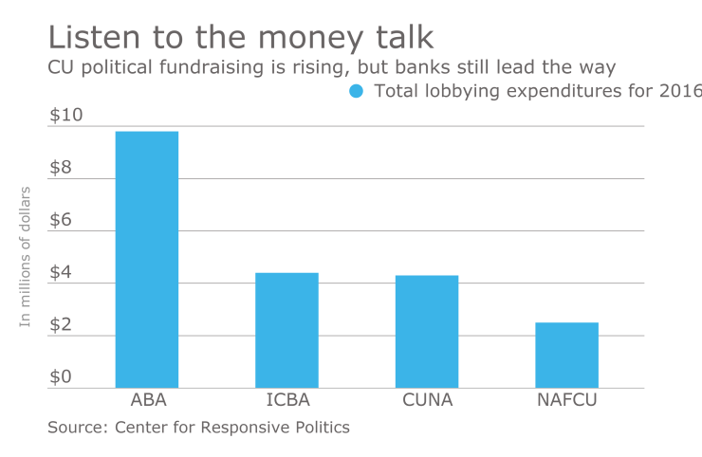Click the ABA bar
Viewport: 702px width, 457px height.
tap(146, 259)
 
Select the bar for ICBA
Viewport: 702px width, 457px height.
tap(286, 330)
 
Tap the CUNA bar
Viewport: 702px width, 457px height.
tap(427, 331)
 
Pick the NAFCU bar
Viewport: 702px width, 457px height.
tap(566, 355)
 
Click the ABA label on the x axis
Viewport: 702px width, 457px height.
tap(146, 400)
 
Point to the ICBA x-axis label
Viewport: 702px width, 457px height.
tap(286, 400)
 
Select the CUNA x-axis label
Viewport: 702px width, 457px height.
tap(427, 400)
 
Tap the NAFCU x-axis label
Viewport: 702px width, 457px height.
tap(566, 400)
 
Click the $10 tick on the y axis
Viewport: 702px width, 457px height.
tap(65, 116)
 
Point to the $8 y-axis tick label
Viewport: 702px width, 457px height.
tap(61, 168)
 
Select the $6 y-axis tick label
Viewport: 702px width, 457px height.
tap(61, 220)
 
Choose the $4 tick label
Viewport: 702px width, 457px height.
tap(61, 272)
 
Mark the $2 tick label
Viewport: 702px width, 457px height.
tap(61, 324)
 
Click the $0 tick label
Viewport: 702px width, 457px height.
tap(61, 376)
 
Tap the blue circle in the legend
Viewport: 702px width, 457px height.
tap(357, 92)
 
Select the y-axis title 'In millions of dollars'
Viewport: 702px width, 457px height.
tap(26, 257)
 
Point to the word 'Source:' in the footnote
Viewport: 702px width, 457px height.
tap(78, 428)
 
